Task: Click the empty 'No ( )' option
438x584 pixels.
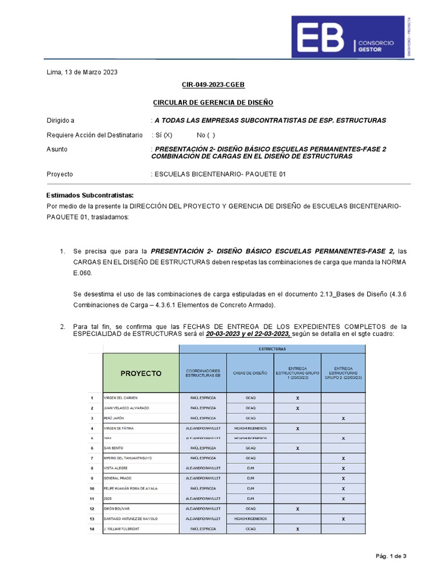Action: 206,135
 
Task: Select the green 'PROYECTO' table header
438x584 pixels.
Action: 141,374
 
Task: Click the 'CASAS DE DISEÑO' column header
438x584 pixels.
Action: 250,374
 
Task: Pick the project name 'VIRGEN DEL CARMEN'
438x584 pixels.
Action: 120,398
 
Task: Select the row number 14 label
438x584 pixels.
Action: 91,529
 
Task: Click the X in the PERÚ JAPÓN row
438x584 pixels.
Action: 343,419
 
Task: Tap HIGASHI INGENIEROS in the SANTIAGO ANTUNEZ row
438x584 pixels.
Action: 250,519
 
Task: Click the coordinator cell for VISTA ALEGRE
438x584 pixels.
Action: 203,468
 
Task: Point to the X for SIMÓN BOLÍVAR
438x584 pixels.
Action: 297,509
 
